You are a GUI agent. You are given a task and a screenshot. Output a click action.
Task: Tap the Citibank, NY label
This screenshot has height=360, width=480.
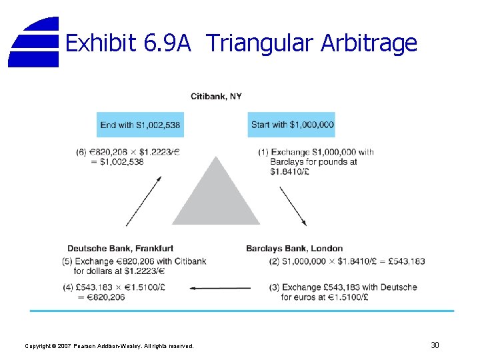(x=216, y=97)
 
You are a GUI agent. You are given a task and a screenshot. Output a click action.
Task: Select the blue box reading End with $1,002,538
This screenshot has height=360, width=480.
(x=140, y=125)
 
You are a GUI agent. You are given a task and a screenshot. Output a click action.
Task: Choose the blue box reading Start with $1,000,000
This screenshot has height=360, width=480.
(x=292, y=125)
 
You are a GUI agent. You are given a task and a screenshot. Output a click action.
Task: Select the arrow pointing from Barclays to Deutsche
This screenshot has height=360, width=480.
(x=220, y=288)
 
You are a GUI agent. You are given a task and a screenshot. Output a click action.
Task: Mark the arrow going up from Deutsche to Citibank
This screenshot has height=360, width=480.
(x=143, y=201)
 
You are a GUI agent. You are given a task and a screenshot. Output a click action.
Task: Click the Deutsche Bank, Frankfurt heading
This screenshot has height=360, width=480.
(x=120, y=249)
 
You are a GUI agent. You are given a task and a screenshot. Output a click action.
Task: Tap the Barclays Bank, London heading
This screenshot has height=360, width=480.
(x=294, y=249)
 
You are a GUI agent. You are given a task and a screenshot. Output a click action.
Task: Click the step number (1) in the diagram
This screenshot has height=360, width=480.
(x=263, y=152)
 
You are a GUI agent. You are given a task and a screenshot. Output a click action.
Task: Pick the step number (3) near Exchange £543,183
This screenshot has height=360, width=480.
(x=274, y=287)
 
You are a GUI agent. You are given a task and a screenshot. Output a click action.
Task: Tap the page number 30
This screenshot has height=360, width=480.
(x=435, y=345)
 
